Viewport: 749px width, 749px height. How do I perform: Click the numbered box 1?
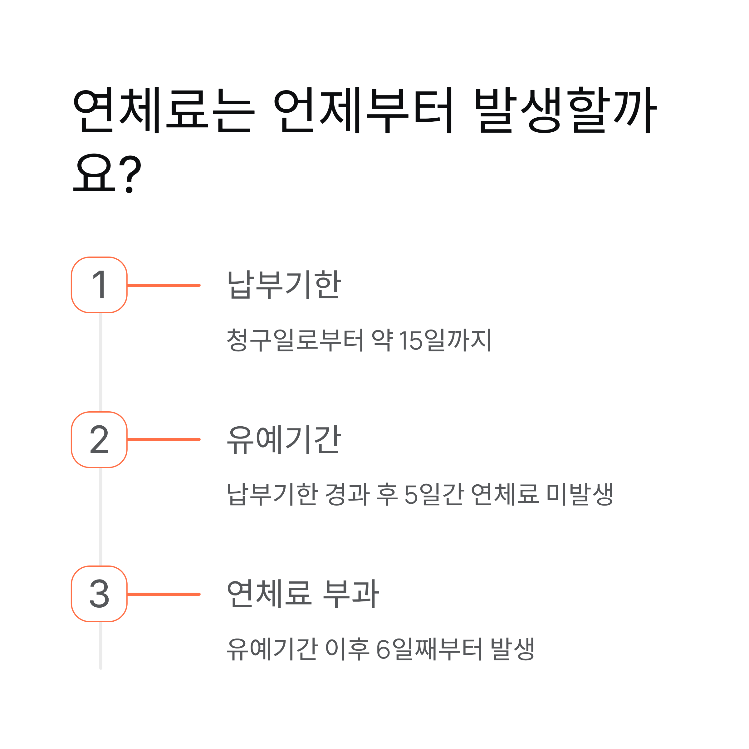tap(99, 285)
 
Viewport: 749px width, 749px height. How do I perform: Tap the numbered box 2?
tap(99, 440)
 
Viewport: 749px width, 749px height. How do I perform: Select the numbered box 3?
tap(99, 594)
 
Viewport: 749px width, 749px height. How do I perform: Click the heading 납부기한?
tap(284, 285)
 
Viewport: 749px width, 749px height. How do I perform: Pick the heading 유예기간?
tap(284, 440)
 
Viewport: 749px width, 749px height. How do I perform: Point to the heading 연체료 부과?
tap(302, 594)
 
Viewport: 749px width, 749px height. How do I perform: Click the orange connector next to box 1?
tap(164, 285)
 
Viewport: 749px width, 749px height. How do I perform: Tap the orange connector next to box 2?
tap(164, 440)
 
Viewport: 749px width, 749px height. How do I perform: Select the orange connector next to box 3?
tap(164, 594)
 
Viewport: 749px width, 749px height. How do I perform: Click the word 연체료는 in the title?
tap(164, 110)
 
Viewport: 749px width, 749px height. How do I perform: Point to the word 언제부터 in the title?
tap(364, 110)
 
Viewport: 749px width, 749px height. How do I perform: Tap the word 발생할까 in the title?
tap(565, 110)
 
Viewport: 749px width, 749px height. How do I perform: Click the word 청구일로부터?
tap(295, 340)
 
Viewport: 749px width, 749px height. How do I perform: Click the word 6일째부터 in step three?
tap(429, 649)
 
